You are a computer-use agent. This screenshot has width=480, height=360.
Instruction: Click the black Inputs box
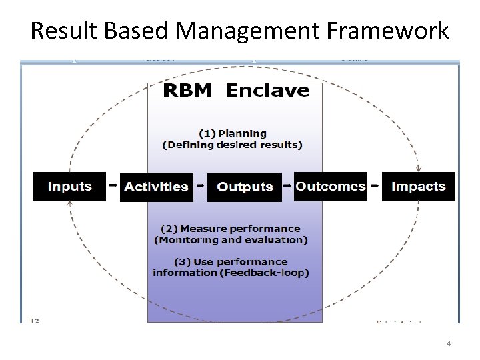[x=69, y=187]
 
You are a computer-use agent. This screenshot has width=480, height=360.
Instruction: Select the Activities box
[x=157, y=187]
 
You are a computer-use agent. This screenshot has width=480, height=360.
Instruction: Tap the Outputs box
[x=245, y=187]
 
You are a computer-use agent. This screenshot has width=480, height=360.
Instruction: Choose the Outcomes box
[x=331, y=187]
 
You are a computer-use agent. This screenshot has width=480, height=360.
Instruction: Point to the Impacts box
[x=418, y=187]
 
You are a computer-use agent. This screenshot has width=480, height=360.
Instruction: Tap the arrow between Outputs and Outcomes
[x=287, y=183]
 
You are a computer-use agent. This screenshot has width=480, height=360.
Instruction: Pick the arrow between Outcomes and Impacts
[x=375, y=183]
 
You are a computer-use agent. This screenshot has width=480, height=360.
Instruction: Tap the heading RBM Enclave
[x=236, y=91]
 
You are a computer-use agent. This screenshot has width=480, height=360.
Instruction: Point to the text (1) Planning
[x=233, y=133]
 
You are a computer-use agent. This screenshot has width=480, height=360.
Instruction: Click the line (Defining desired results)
[x=233, y=145]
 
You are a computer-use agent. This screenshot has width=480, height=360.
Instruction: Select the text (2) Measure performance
[x=231, y=229]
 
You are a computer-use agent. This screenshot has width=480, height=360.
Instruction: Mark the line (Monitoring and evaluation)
[x=231, y=239]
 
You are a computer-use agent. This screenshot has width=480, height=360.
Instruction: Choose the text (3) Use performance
[x=231, y=261]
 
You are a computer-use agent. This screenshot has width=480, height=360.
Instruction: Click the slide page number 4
[x=449, y=343]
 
